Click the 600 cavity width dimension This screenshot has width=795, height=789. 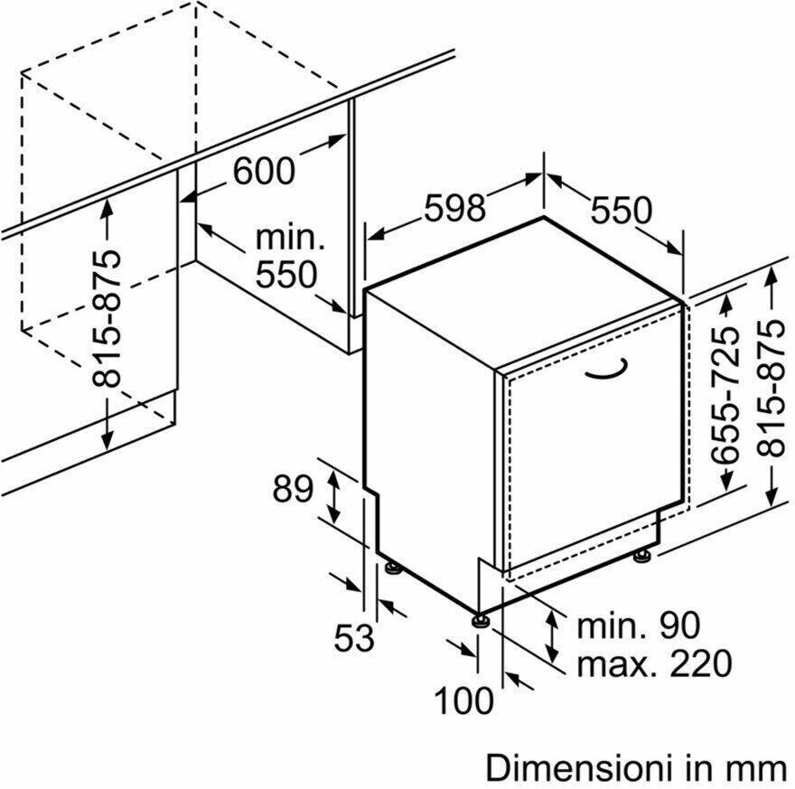pyautogui.click(x=264, y=171)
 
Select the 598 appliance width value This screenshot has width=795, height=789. pyautogui.click(x=454, y=207)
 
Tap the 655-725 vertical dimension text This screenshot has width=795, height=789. pyautogui.click(x=725, y=394)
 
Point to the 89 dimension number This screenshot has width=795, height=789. pyautogui.click(x=293, y=489)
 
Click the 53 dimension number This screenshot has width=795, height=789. pyautogui.click(x=354, y=637)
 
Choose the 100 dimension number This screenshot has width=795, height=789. pyautogui.click(x=463, y=700)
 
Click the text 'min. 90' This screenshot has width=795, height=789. pyautogui.click(x=639, y=625)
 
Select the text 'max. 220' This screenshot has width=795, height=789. pyautogui.click(x=655, y=662)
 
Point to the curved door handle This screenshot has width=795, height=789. pyautogui.click(x=607, y=370)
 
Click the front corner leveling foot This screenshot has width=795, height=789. pyautogui.click(x=479, y=621)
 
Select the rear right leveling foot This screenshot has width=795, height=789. pyautogui.click(x=641, y=556)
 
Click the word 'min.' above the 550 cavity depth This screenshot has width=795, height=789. pyautogui.click(x=289, y=238)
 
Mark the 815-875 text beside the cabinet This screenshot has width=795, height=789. pyautogui.click(x=107, y=318)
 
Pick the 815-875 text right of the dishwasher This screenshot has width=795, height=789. pyautogui.click(x=771, y=389)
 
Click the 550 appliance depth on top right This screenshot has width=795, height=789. pyautogui.click(x=622, y=210)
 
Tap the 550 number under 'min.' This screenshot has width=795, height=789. pyautogui.click(x=286, y=275)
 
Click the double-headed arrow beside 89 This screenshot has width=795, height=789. pyautogui.click(x=333, y=497)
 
